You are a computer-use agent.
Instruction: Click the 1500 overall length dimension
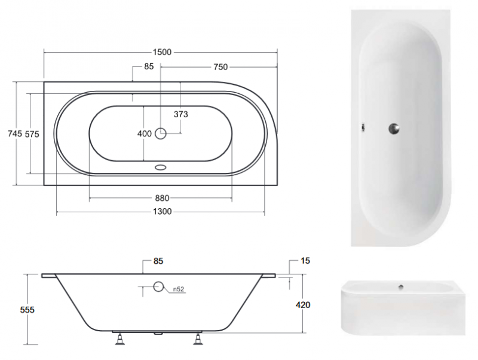pyautogui.click(x=162, y=52)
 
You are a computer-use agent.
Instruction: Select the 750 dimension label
pyautogui.click(x=220, y=67)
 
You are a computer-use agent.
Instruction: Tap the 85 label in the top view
pyautogui.click(x=149, y=66)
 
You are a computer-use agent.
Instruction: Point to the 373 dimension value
pyautogui.click(x=181, y=114)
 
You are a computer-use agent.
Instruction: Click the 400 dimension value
pyautogui.click(x=145, y=133)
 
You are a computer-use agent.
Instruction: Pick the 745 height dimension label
pyautogui.click(x=14, y=133)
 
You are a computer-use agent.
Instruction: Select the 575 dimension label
pyautogui.click(x=32, y=134)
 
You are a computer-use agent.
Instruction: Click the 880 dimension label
pyautogui.click(x=162, y=199)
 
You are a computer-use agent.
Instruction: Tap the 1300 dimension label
pyautogui.click(x=162, y=212)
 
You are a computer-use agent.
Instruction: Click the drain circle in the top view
pyautogui.click(x=161, y=133)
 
